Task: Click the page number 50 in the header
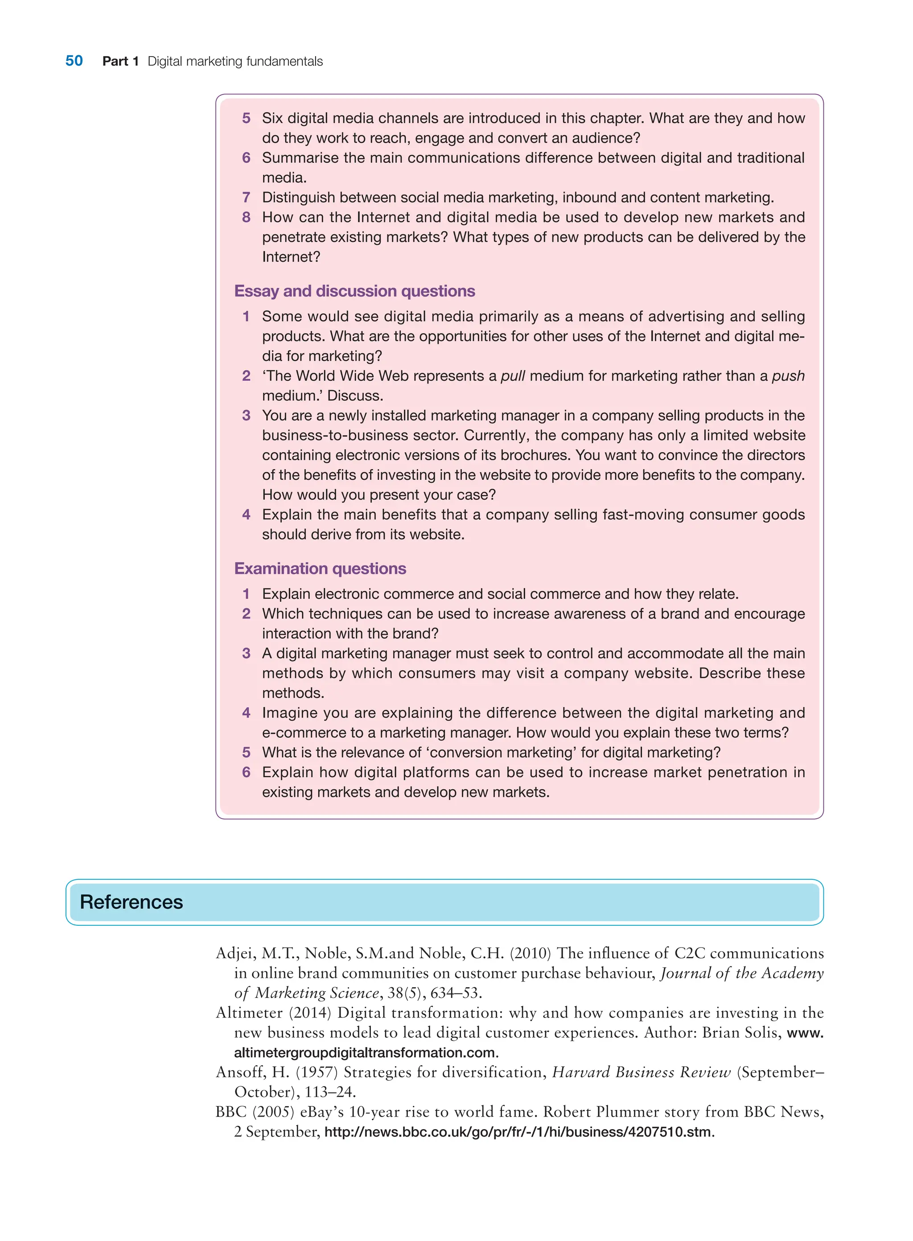[x=74, y=61]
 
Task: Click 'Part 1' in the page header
[x=120, y=62]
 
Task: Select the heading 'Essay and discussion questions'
[x=354, y=291]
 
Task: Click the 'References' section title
[x=131, y=902]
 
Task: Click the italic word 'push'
[x=788, y=376]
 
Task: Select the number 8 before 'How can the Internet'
[x=247, y=217]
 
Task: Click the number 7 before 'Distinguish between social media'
[x=247, y=198]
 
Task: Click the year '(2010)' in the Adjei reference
[x=531, y=953]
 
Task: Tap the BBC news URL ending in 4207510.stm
[x=518, y=1132]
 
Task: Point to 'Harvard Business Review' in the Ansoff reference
[x=641, y=1072]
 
